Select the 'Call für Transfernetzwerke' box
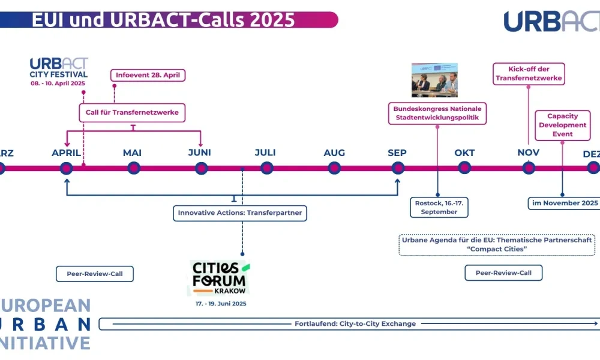pyautogui.click(x=132, y=112)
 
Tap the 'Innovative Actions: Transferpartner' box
pyautogui.click(x=240, y=212)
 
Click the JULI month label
pyautogui.click(x=265, y=153)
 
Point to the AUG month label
pyautogui.click(x=334, y=153)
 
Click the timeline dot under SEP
pyautogui.click(x=398, y=168)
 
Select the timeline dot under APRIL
pyautogui.click(x=67, y=168)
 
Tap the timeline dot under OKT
pyautogui.click(x=464, y=168)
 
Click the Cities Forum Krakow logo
pyautogui.click(x=219, y=277)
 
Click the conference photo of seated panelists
pyautogui.click(x=434, y=80)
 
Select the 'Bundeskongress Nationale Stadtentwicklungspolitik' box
pyautogui.click(x=437, y=113)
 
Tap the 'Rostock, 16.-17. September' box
pyautogui.click(x=439, y=208)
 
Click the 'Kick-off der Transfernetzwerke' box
pyautogui.click(x=529, y=73)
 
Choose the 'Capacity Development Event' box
pyautogui.click(x=563, y=125)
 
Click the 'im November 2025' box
pyautogui.click(x=564, y=203)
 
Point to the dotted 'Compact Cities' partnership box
pyautogui.click(x=496, y=244)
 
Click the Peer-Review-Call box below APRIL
pyautogui.click(x=95, y=274)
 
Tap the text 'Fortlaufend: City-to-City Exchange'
pyautogui.click(x=355, y=324)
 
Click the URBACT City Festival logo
pyautogui.click(x=59, y=71)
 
